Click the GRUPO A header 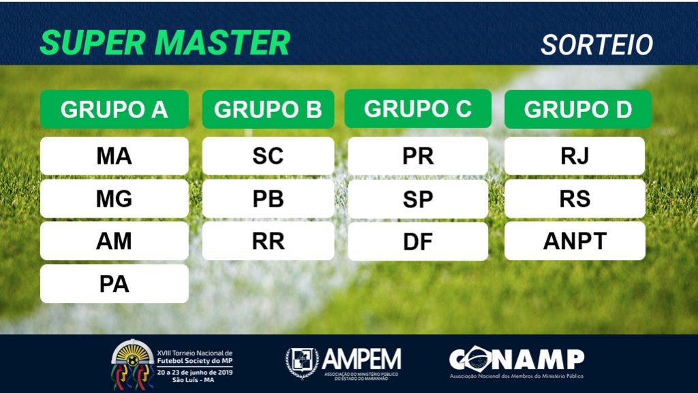(115, 109)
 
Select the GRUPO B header (268, 109)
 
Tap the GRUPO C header (418, 108)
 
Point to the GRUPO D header (578, 109)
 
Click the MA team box (115, 156)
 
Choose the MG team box (115, 199)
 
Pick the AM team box (115, 241)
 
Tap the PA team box (115, 284)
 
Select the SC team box (268, 156)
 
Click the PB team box (268, 199)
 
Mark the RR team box (268, 241)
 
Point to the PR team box (418, 156)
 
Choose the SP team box (418, 199)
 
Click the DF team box (418, 242)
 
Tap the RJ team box (575, 156)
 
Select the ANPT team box (575, 241)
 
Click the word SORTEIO (597, 44)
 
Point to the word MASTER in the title (223, 43)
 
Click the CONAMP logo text (517, 359)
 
